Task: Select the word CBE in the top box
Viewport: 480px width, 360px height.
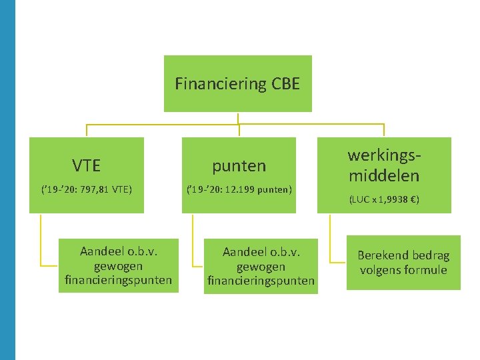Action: pyautogui.click(x=286, y=84)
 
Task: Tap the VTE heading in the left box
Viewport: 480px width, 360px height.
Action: pyautogui.click(x=87, y=165)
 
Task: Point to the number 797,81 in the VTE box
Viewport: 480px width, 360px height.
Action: pyautogui.click(x=96, y=189)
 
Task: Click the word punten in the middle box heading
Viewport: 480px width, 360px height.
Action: pyautogui.click(x=239, y=165)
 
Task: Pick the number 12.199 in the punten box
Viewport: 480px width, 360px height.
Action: pyautogui.click(x=244, y=189)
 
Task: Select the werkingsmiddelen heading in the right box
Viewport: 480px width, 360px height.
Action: pyautogui.click(x=384, y=165)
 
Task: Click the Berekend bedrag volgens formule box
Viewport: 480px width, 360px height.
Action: pyautogui.click(x=403, y=263)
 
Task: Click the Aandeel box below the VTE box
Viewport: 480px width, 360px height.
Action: pyautogui.click(x=118, y=265)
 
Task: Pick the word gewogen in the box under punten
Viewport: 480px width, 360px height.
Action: pyautogui.click(x=261, y=267)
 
